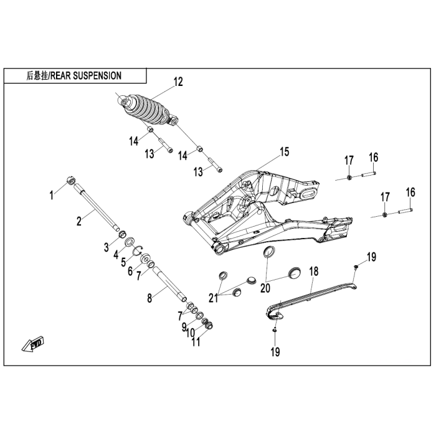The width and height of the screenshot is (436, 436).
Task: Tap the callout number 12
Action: tap(178, 81)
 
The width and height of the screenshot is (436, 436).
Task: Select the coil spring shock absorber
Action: tap(148, 111)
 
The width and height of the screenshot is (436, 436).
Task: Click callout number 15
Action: tap(284, 151)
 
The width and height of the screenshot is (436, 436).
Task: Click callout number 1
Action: tap(53, 195)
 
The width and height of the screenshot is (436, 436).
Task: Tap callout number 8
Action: tap(149, 298)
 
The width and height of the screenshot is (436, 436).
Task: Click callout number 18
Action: tap(314, 271)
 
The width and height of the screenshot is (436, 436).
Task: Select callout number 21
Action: tap(214, 297)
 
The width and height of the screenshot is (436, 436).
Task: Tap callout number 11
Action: tap(197, 342)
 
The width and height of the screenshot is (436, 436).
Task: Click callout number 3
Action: tap(107, 247)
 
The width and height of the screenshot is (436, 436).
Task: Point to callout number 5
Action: tap(125, 262)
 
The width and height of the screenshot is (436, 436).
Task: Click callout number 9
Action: tap(184, 326)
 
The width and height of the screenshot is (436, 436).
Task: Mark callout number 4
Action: tap(116, 254)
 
